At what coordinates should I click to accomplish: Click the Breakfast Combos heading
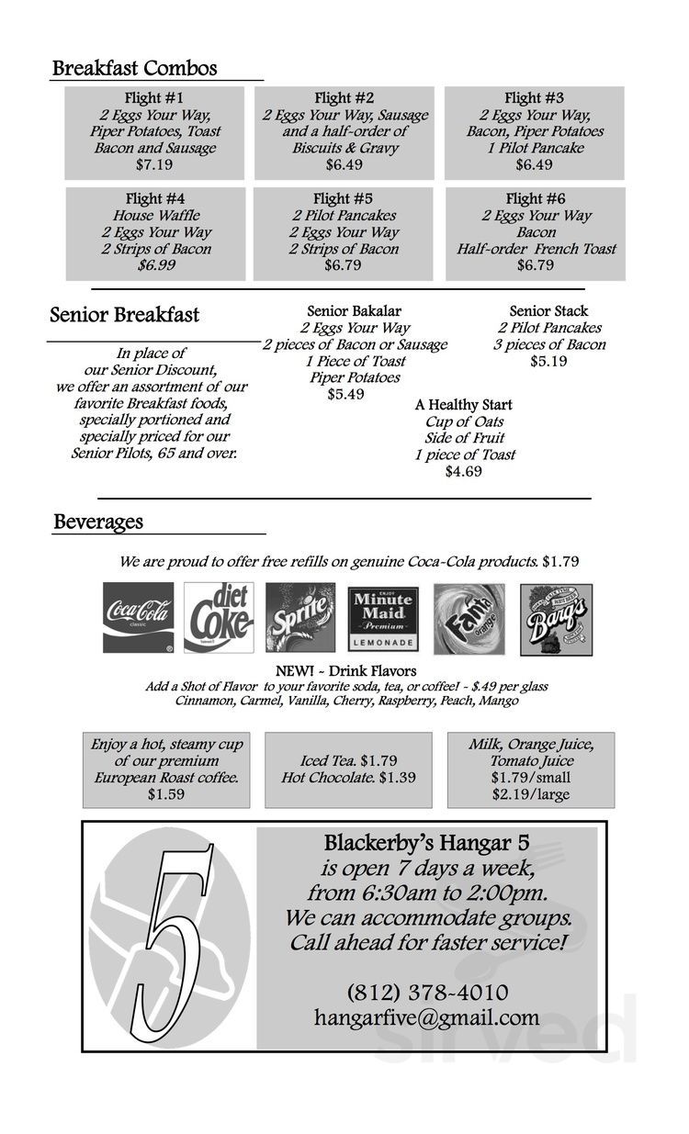click(134, 68)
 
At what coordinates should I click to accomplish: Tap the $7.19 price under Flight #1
click(154, 165)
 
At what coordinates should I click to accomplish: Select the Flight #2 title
click(344, 98)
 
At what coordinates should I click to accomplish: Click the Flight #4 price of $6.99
click(156, 265)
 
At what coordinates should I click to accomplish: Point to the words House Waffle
click(156, 216)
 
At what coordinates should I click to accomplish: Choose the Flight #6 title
click(536, 198)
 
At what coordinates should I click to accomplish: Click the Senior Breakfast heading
click(124, 315)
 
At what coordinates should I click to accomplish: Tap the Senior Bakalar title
click(354, 311)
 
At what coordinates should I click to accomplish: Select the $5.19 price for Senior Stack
click(548, 361)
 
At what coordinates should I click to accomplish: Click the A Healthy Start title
click(463, 405)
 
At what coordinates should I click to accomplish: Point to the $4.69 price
click(463, 471)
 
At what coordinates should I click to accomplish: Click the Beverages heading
click(98, 522)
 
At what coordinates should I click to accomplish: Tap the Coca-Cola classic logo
click(138, 618)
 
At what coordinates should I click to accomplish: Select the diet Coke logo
click(219, 618)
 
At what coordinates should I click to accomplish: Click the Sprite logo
click(300, 618)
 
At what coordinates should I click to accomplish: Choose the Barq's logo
click(556, 620)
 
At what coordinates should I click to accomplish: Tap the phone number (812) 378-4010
click(427, 993)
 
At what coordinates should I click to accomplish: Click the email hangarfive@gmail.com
click(426, 1017)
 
